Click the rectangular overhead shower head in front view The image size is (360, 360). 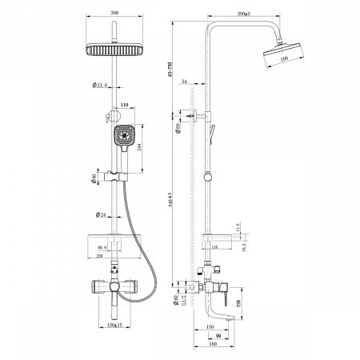point(118,50)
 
